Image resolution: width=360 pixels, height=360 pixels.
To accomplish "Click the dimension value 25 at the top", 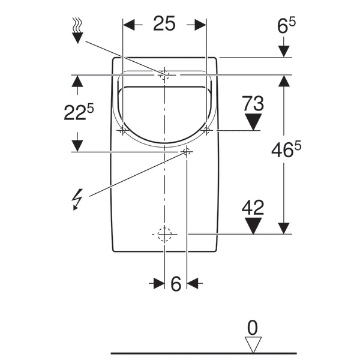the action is (x=164, y=23).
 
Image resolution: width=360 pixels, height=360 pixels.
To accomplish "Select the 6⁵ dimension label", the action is (x=286, y=26).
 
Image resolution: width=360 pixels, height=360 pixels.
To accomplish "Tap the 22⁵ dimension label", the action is (x=79, y=112).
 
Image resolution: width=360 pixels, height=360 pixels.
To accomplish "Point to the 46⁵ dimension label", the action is (x=286, y=149).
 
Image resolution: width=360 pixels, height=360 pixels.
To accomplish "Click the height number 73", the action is (x=253, y=103).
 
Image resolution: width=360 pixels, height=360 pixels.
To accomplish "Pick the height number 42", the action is (x=253, y=208).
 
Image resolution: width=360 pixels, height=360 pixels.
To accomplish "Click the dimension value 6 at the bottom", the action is (x=176, y=284).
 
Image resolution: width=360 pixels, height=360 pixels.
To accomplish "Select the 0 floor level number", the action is (x=253, y=328).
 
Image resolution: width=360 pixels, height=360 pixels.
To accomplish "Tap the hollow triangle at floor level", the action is (x=253, y=344).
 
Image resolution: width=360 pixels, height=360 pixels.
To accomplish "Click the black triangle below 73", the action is (x=253, y=122).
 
